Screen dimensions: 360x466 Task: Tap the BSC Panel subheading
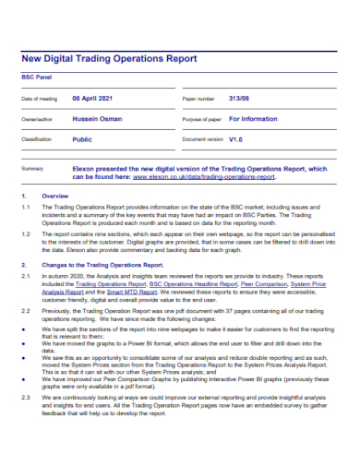coord(37,78)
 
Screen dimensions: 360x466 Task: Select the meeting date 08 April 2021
coord(94,98)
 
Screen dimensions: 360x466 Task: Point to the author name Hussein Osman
coord(101,119)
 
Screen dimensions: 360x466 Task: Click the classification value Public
coord(82,138)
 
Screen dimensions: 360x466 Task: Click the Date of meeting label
coord(39,99)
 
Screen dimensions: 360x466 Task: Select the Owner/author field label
coord(39,120)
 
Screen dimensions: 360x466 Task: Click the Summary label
coord(32,170)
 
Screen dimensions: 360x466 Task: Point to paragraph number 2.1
coord(27,277)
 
